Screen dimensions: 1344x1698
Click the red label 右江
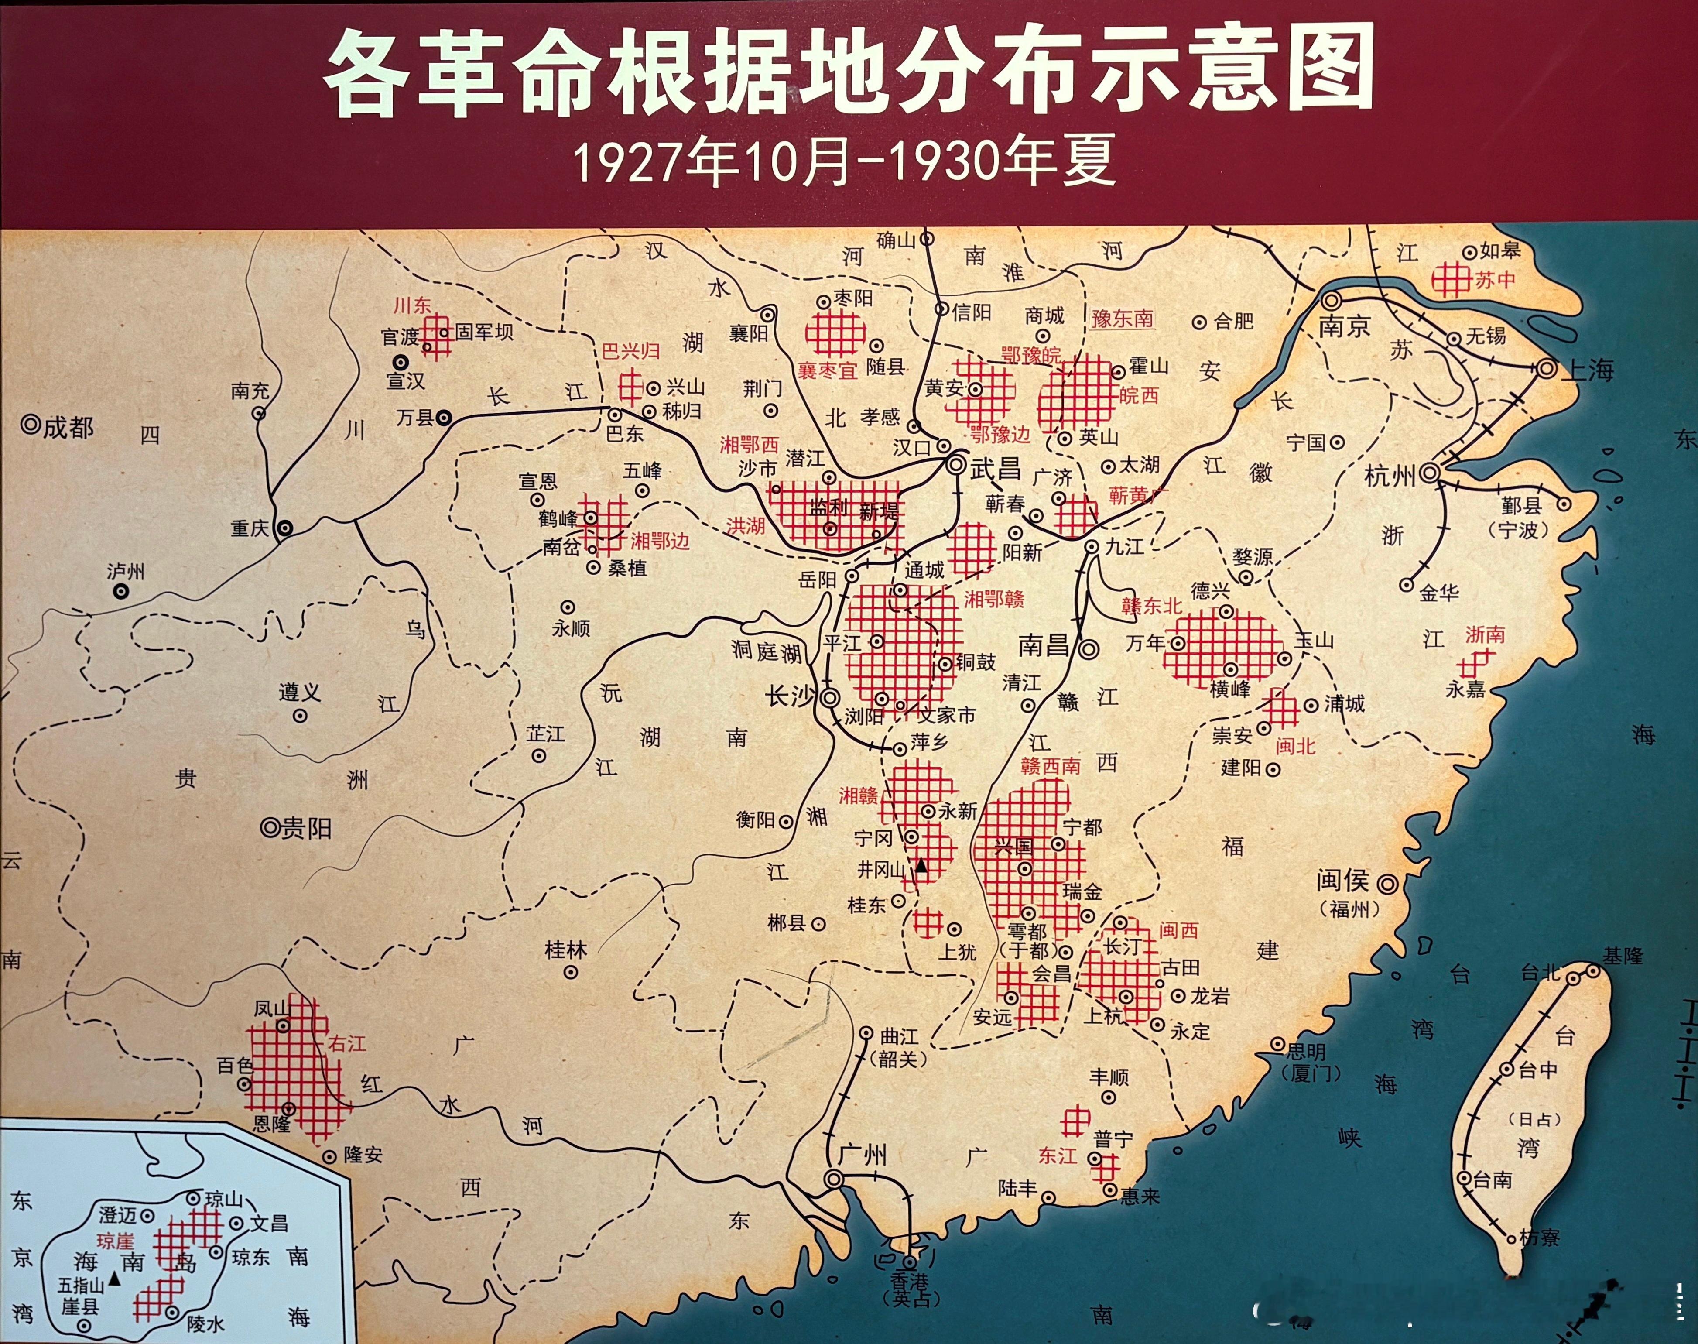pos(346,1043)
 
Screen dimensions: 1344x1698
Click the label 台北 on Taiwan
pos(1540,973)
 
